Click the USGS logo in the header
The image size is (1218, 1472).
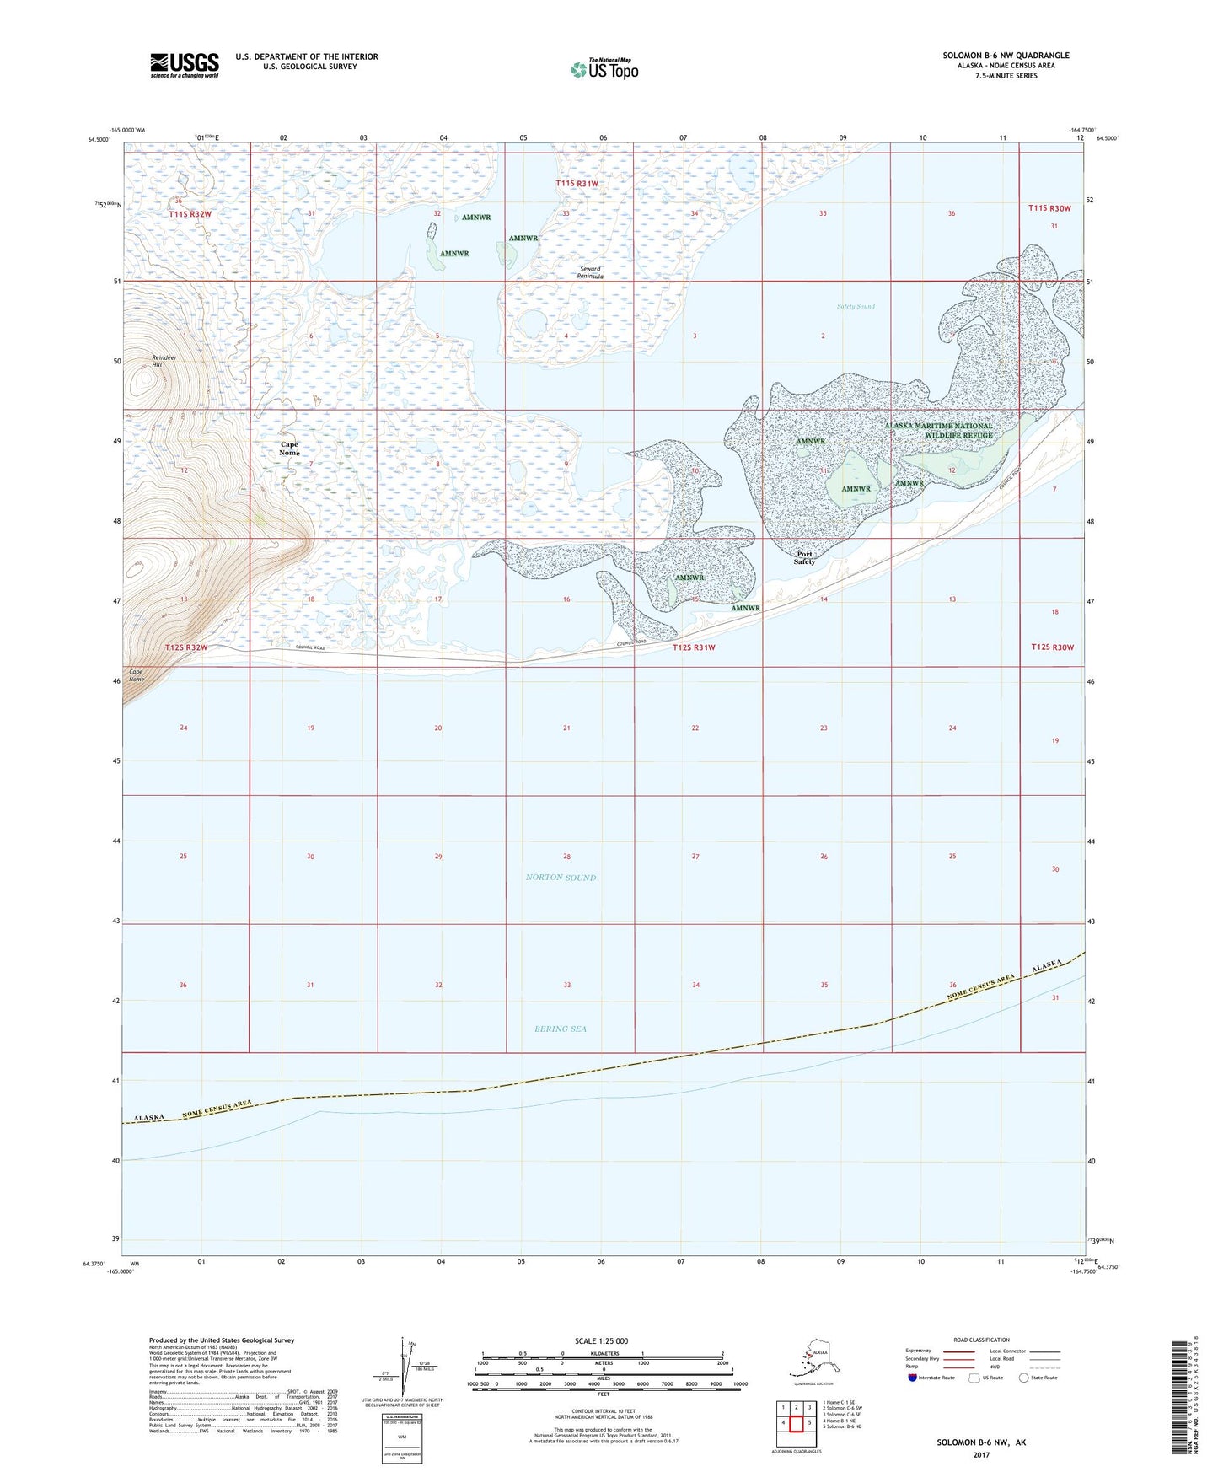pos(184,65)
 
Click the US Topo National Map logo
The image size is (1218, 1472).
pos(604,68)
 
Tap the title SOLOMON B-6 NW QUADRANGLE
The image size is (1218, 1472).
pos(1006,56)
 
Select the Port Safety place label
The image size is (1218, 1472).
pos(804,557)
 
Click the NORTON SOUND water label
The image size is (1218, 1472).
pos(561,878)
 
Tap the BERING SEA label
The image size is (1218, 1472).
pos(561,1029)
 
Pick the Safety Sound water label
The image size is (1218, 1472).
pos(856,306)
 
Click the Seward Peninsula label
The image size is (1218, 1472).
pos(590,273)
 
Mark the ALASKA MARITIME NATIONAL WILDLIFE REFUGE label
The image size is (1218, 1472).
pos(939,431)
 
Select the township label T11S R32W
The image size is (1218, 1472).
pos(190,214)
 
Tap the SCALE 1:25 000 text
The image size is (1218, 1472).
pos(602,1340)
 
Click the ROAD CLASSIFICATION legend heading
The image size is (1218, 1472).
pos(981,1340)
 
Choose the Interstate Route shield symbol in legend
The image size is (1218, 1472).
pos(912,1378)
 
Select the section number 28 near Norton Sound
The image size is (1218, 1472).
pos(566,857)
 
